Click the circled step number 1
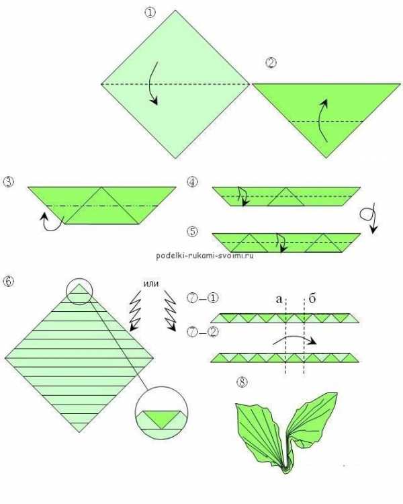(x=150, y=13)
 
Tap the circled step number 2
(x=271, y=62)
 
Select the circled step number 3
(x=8, y=182)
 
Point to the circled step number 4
(x=192, y=182)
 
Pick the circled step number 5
(x=192, y=231)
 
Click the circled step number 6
(x=8, y=282)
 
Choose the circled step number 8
(x=242, y=382)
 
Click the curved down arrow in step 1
(x=150, y=83)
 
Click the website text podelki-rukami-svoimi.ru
(x=205, y=255)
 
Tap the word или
(x=150, y=284)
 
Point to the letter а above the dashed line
(x=279, y=299)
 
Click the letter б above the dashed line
(x=312, y=298)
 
